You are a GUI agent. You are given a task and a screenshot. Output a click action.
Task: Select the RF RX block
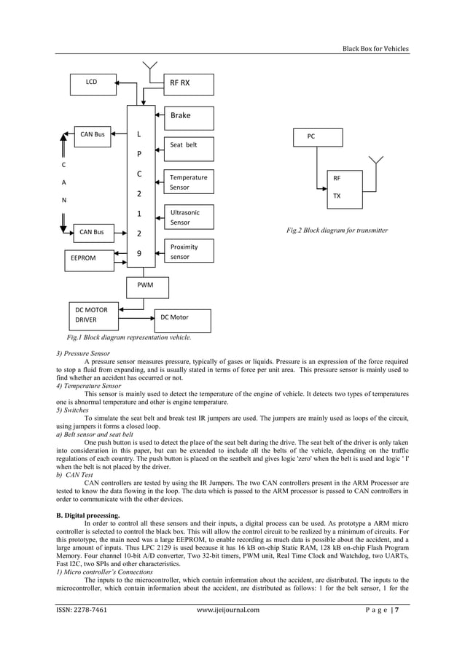coord(188,85)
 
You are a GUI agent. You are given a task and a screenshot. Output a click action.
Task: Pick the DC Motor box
coord(182,320)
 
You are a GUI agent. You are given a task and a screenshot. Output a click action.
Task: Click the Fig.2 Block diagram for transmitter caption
coord(337,231)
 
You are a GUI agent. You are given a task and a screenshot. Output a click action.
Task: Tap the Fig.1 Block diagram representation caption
coord(129,338)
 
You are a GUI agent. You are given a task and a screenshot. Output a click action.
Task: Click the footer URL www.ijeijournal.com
coord(228,610)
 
